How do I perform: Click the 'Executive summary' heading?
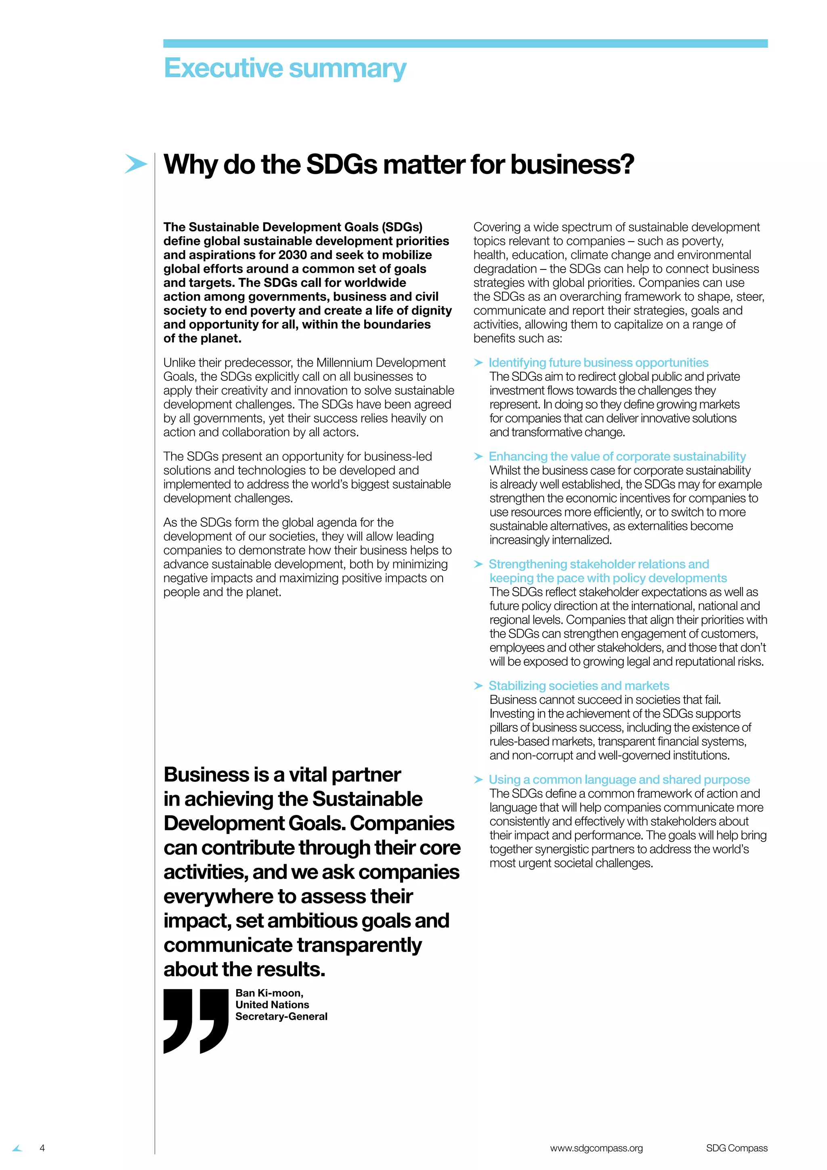(x=285, y=68)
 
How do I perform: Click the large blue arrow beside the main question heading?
(x=135, y=164)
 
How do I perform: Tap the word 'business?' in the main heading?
(x=572, y=164)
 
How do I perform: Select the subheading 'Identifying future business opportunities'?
(x=598, y=362)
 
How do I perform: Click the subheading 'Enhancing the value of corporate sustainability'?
(x=617, y=456)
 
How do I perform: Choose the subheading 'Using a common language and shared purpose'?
(x=619, y=779)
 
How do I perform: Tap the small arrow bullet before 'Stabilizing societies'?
(x=478, y=686)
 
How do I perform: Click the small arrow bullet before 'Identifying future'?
(x=478, y=363)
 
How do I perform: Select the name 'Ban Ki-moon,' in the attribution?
(x=269, y=993)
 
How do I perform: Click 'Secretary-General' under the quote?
(x=281, y=1016)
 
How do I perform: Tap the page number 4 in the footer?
(x=42, y=1148)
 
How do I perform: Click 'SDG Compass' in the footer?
(x=737, y=1148)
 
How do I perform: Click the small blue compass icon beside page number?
(x=18, y=1148)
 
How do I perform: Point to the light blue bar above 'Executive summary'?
(x=465, y=43)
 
